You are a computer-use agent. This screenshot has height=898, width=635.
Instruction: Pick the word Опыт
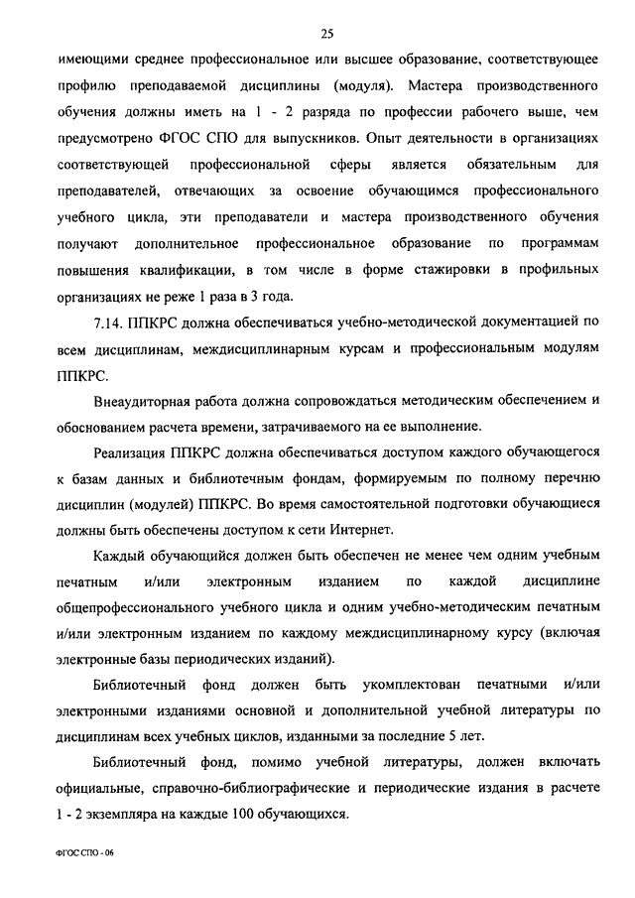(x=448, y=136)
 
